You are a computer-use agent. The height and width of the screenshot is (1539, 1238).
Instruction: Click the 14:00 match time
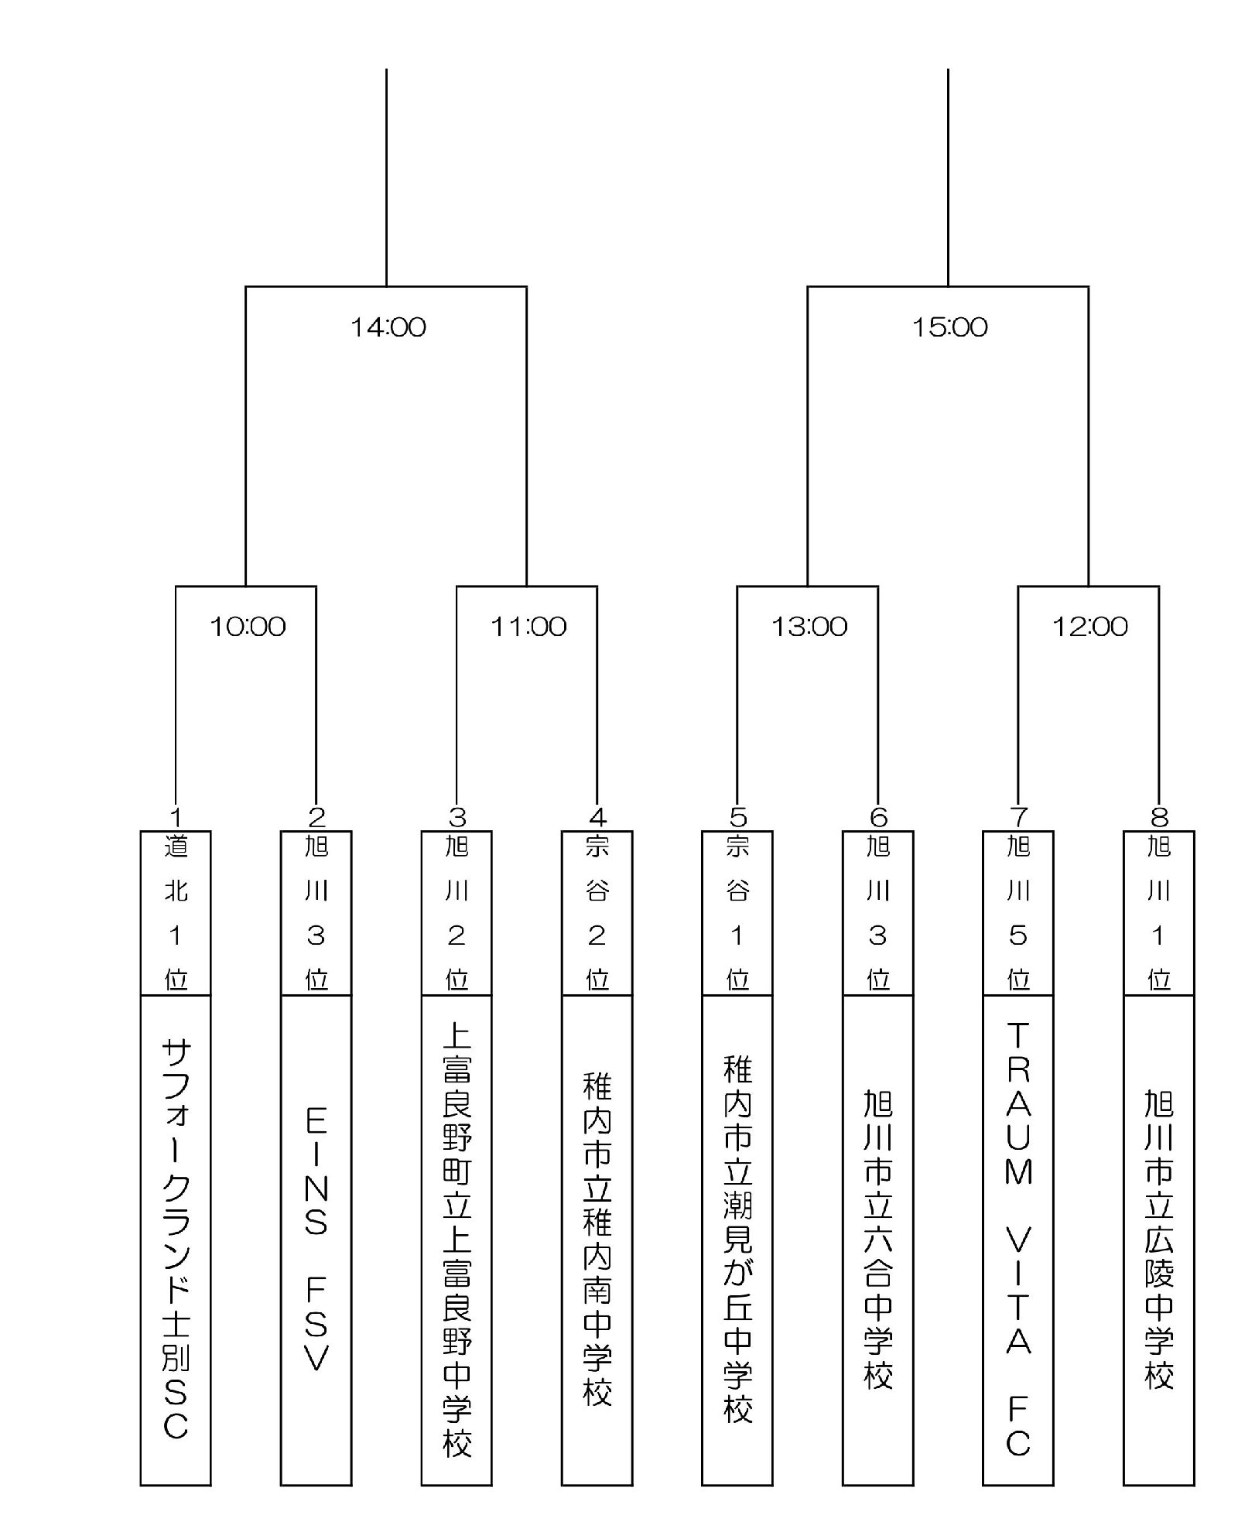pos(388,327)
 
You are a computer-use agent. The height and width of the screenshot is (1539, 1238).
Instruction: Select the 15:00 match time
pos(950,327)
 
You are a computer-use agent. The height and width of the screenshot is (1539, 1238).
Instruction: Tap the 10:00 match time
pos(248,626)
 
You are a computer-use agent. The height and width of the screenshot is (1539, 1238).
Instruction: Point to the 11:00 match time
pos(528,626)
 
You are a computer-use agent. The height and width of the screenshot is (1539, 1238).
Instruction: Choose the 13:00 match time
pos(809,626)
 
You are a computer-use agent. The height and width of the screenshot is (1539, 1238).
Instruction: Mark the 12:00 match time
pos(1090,626)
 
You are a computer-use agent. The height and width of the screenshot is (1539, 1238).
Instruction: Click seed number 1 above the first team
pos(176,817)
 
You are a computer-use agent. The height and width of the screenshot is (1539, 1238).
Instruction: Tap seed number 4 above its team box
pos(597,817)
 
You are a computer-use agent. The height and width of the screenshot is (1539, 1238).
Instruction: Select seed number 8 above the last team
pos(1159,817)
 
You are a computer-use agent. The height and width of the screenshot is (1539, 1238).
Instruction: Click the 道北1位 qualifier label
pos(176,913)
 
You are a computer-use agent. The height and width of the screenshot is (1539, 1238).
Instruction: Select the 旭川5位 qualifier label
pos(1018,913)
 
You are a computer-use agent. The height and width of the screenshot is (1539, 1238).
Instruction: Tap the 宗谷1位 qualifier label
pos(737,913)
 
